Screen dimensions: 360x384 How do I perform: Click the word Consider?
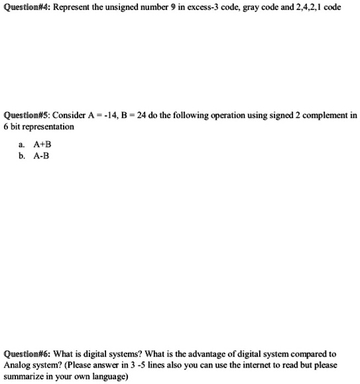[72, 115]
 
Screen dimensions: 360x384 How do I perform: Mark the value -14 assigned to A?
[115, 115]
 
